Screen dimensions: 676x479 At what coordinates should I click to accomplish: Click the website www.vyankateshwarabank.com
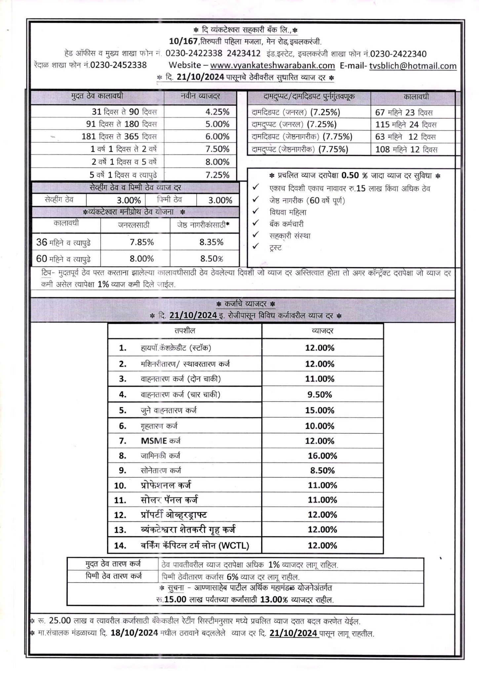[272, 65]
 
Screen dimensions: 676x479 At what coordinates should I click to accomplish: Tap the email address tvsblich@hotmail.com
[413, 66]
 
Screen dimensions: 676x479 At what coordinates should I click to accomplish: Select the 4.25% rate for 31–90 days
[217, 112]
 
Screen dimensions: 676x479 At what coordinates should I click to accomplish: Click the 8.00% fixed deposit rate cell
[217, 162]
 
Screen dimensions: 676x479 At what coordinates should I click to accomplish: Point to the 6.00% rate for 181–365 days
[217, 136]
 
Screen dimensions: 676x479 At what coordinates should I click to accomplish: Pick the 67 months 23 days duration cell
[404, 113]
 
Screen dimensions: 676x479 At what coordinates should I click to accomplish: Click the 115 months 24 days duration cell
[406, 125]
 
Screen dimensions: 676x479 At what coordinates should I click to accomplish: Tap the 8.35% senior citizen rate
[211, 242]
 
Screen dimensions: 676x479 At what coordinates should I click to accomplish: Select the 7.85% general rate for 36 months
[141, 242]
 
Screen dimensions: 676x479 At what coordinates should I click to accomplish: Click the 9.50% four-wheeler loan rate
[319, 394]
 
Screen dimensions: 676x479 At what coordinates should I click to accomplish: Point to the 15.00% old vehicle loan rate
[319, 410]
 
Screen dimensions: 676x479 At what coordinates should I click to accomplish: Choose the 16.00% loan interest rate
[322, 456]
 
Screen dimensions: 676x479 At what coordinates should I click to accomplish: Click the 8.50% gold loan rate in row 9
[322, 470]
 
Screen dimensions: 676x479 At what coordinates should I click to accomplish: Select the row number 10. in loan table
[120, 486]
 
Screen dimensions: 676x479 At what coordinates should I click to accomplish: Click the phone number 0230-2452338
[118, 65]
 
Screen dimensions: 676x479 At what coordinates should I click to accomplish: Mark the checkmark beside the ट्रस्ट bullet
[256, 246]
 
